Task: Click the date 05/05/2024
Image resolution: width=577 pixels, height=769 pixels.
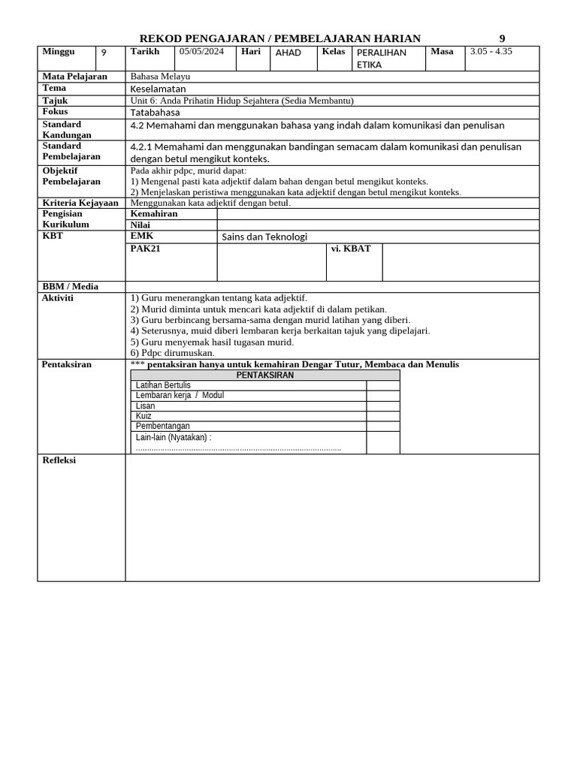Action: click(x=201, y=52)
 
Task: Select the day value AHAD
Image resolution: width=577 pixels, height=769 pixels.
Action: click(x=288, y=53)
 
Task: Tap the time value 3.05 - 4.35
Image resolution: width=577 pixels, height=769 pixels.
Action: click(x=491, y=52)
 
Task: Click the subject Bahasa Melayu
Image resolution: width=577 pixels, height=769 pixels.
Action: click(x=160, y=77)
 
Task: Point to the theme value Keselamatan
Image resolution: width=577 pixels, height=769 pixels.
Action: click(x=158, y=89)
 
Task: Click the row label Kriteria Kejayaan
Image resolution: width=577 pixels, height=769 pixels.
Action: click(x=80, y=203)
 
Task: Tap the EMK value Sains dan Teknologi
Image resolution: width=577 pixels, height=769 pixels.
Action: click(x=264, y=237)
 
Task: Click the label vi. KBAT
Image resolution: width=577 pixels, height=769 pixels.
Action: click(x=351, y=249)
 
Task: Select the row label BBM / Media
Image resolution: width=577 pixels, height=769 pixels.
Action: click(x=71, y=286)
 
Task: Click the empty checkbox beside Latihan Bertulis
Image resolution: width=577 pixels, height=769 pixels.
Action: click(x=383, y=385)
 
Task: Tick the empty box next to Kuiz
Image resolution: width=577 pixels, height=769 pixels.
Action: click(x=383, y=416)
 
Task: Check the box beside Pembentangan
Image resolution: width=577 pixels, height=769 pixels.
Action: click(x=383, y=426)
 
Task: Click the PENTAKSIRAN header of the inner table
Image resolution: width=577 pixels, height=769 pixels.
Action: click(x=265, y=375)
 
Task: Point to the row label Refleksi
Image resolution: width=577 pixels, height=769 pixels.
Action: click(x=59, y=460)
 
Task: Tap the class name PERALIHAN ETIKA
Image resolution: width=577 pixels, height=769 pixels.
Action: click(x=382, y=59)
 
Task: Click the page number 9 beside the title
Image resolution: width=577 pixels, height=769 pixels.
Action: click(x=503, y=39)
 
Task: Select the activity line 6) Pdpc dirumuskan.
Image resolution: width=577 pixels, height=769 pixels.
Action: click(x=173, y=353)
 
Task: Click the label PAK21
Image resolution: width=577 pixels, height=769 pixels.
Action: click(x=146, y=249)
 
